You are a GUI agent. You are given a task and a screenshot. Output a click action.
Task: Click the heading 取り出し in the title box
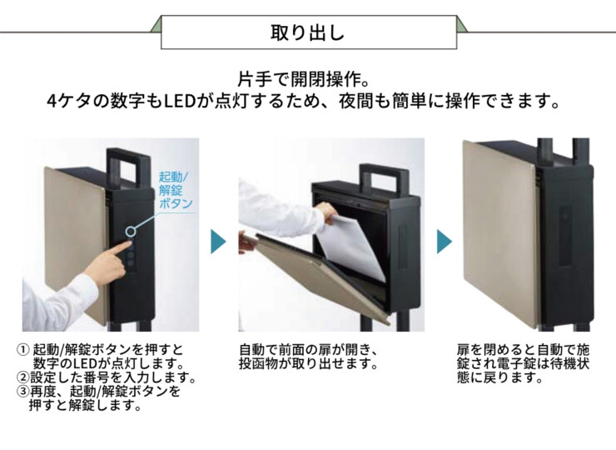point(307,34)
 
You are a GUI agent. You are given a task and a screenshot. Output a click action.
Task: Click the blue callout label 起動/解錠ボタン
point(175,190)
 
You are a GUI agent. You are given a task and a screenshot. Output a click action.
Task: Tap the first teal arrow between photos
point(217,242)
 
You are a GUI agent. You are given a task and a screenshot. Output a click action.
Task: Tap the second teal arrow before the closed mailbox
point(445,242)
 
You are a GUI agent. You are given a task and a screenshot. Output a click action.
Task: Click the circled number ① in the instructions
point(22,349)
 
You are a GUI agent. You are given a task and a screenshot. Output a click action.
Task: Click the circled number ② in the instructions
point(22,377)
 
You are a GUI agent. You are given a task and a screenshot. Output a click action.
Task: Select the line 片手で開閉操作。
point(307,80)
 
